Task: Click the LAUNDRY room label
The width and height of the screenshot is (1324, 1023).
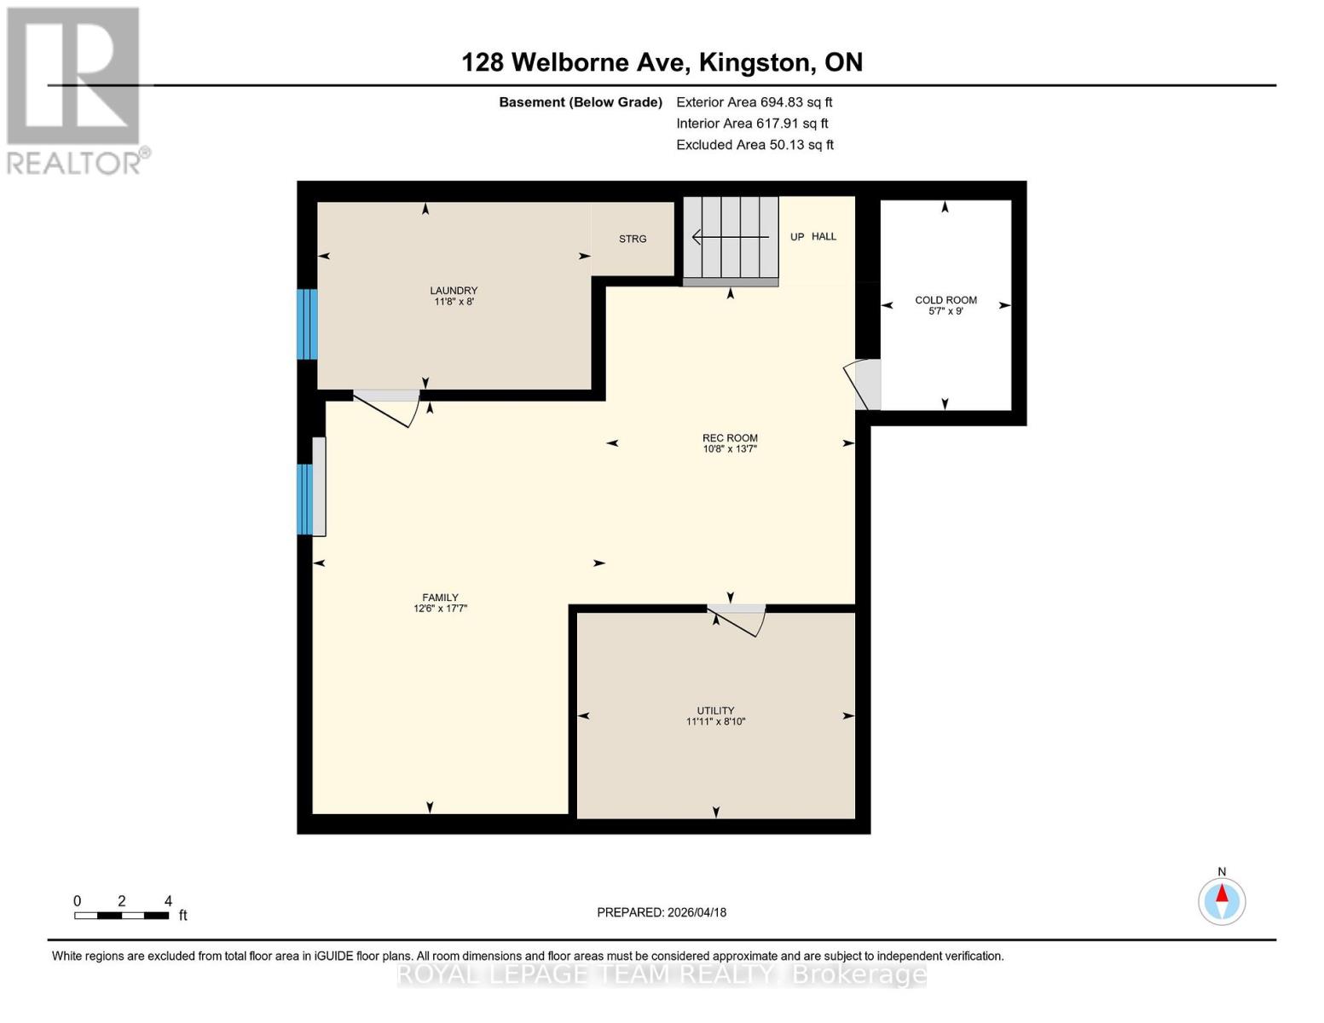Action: point(454,291)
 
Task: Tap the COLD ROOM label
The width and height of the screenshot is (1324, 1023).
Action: point(945,300)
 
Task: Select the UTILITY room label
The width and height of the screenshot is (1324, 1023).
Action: point(715,710)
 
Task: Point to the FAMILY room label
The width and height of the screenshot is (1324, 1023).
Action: point(440,598)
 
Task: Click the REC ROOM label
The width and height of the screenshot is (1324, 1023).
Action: point(730,438)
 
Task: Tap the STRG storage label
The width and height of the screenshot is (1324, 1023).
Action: point(633,239)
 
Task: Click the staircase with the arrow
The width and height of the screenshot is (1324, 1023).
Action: point(731,238)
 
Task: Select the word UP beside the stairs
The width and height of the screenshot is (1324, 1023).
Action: point(797,237)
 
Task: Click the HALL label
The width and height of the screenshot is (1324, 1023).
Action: point(824,236)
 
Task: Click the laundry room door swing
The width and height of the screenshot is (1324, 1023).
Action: point(388,406)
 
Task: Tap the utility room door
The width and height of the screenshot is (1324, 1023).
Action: point(737,620)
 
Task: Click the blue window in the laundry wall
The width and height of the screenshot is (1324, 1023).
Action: point(307,324)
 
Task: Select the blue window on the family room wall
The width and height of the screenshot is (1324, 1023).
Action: point(304,500)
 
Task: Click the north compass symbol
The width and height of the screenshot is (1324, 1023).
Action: point(1222,900)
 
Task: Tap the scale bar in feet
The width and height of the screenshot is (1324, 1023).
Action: point(121,916)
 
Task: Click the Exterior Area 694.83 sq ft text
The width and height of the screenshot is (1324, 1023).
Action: point(754,102)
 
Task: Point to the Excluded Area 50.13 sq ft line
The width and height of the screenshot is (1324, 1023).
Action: point(755,145)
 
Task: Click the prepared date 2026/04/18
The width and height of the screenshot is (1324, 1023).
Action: point(662,912)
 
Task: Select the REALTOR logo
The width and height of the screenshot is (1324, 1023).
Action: point(75,90)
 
